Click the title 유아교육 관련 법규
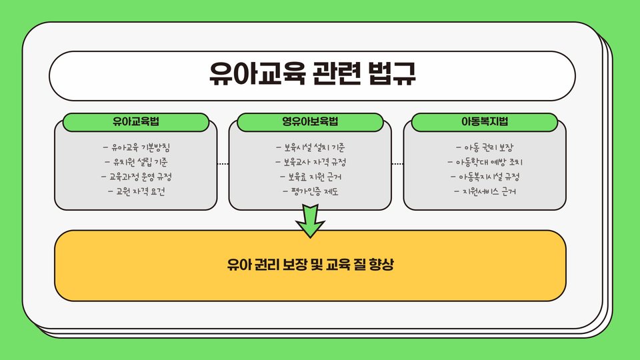[312, 75]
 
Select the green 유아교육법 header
[140, 122]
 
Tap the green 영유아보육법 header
[311, 122]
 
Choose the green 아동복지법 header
[485, 122]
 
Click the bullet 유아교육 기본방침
[140, 147]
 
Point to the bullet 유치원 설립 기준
[140, 162]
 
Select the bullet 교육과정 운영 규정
[140, 177]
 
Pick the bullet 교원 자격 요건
[140, 192]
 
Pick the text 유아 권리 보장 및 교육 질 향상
[311, 265]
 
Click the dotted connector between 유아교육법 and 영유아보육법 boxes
[223, 163]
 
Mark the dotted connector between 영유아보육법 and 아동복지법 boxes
[397, 163]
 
